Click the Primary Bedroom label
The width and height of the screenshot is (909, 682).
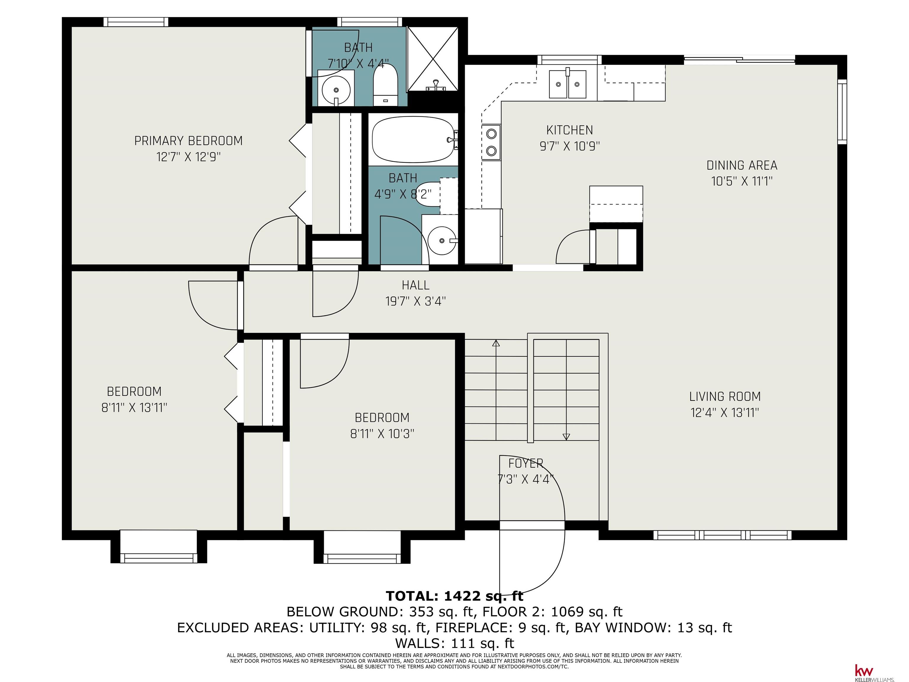[x=188, y=141]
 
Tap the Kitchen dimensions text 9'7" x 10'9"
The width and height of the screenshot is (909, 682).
[x=570, y=146]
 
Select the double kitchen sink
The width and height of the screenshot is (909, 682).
[x=568, y=84]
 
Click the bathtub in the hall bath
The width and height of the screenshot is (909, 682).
[x=414, y=140]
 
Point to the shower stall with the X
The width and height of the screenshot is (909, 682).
[x=432, y=59]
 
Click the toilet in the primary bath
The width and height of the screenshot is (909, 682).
[x=385, y=85]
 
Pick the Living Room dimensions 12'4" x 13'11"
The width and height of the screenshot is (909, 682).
[x=724, y=413]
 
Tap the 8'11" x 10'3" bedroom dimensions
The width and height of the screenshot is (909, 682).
[x=382, y=434]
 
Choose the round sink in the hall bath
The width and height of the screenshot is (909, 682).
[x=442, y=240]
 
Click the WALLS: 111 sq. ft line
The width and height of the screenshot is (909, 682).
[x=454, y=643]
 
